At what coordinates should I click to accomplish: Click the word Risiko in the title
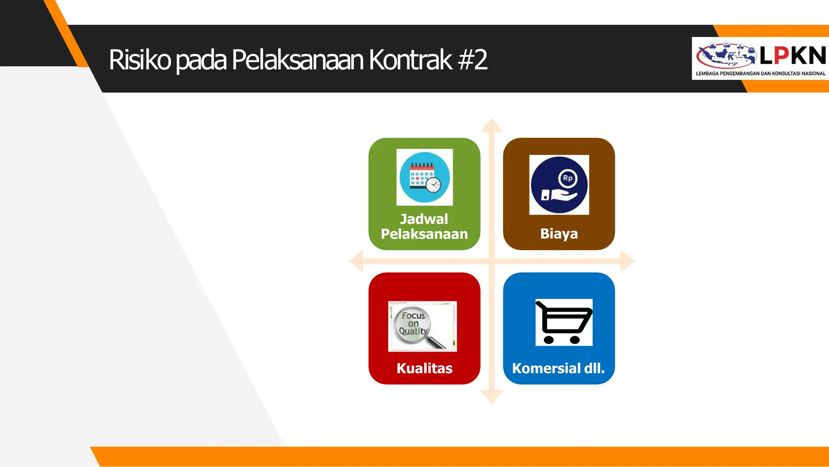(140, 60)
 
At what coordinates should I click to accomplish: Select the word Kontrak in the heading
(410, 60)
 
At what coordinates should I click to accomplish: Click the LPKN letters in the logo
(793, 55)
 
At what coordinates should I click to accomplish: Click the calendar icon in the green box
(424, 177)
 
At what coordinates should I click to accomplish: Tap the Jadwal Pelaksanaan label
(424, 226)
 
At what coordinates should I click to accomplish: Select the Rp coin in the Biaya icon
(568, 178)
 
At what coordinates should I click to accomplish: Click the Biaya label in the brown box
(559, 234)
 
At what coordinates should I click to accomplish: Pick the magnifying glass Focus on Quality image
(422, 326)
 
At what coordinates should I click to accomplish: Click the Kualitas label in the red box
(424, 368)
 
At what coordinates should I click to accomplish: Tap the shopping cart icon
(564, 322)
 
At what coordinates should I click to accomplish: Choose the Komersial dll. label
(558, 368)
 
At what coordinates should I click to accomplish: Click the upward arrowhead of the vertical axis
(492, 126)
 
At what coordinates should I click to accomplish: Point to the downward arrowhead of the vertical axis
(492, 397)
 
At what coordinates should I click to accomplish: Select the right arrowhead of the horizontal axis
(627, 261)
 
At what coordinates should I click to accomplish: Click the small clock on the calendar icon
(434, 185)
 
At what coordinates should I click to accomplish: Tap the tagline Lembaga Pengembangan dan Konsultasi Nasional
(761, 74)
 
